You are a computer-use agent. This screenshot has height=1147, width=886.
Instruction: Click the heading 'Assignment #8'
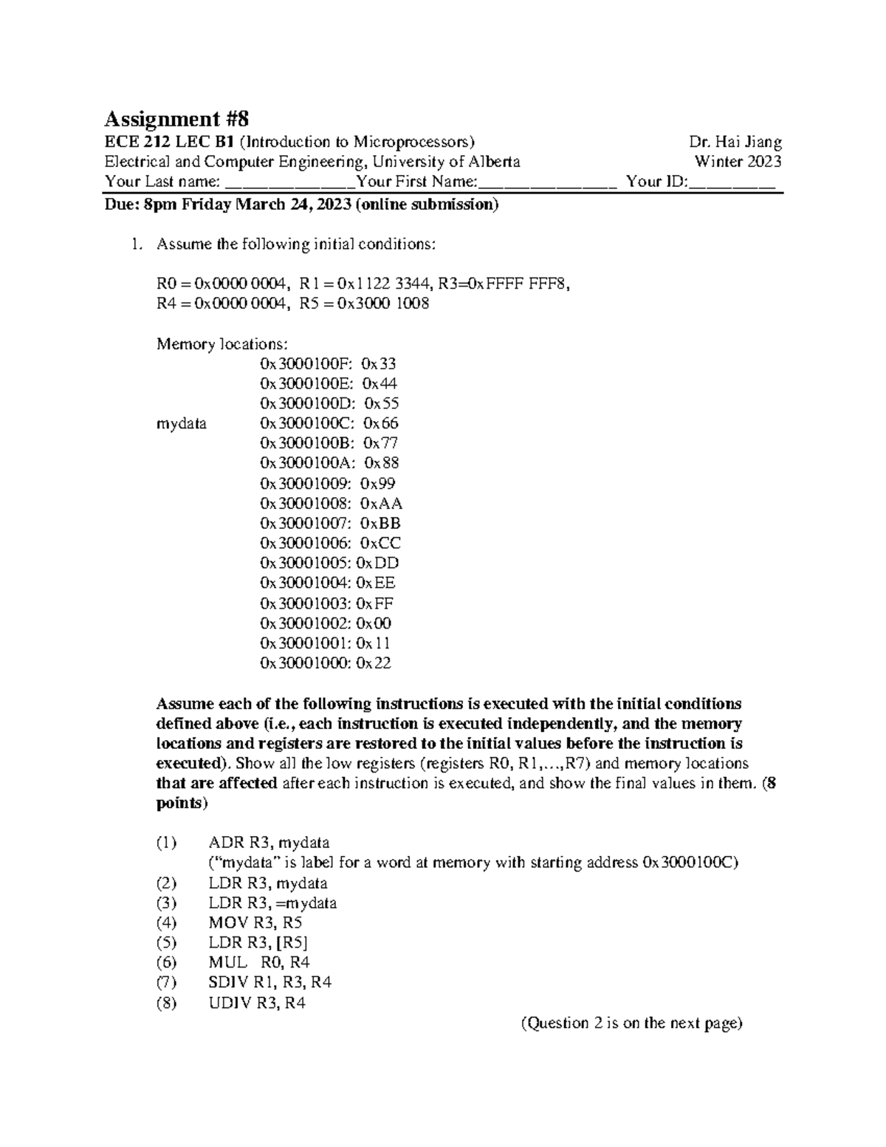pos(177,119)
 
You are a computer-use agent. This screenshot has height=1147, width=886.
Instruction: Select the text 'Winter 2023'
pos(738,162)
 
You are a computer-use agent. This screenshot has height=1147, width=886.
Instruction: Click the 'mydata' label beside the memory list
pos(182,424)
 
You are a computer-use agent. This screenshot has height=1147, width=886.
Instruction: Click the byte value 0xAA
pos(381,504)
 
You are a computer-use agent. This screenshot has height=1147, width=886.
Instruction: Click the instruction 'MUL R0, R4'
pos(259,962)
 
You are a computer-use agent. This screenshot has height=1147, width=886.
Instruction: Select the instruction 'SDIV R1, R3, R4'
pos(270,982)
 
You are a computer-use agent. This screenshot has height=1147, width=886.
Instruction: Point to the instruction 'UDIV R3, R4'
pos(258,1003)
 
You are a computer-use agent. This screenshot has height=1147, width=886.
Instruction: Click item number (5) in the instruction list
pos(166,942)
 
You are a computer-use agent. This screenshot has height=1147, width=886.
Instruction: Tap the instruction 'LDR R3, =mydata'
pos(272,903)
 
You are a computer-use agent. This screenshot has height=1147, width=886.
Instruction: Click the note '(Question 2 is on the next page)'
pos(631,1023)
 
